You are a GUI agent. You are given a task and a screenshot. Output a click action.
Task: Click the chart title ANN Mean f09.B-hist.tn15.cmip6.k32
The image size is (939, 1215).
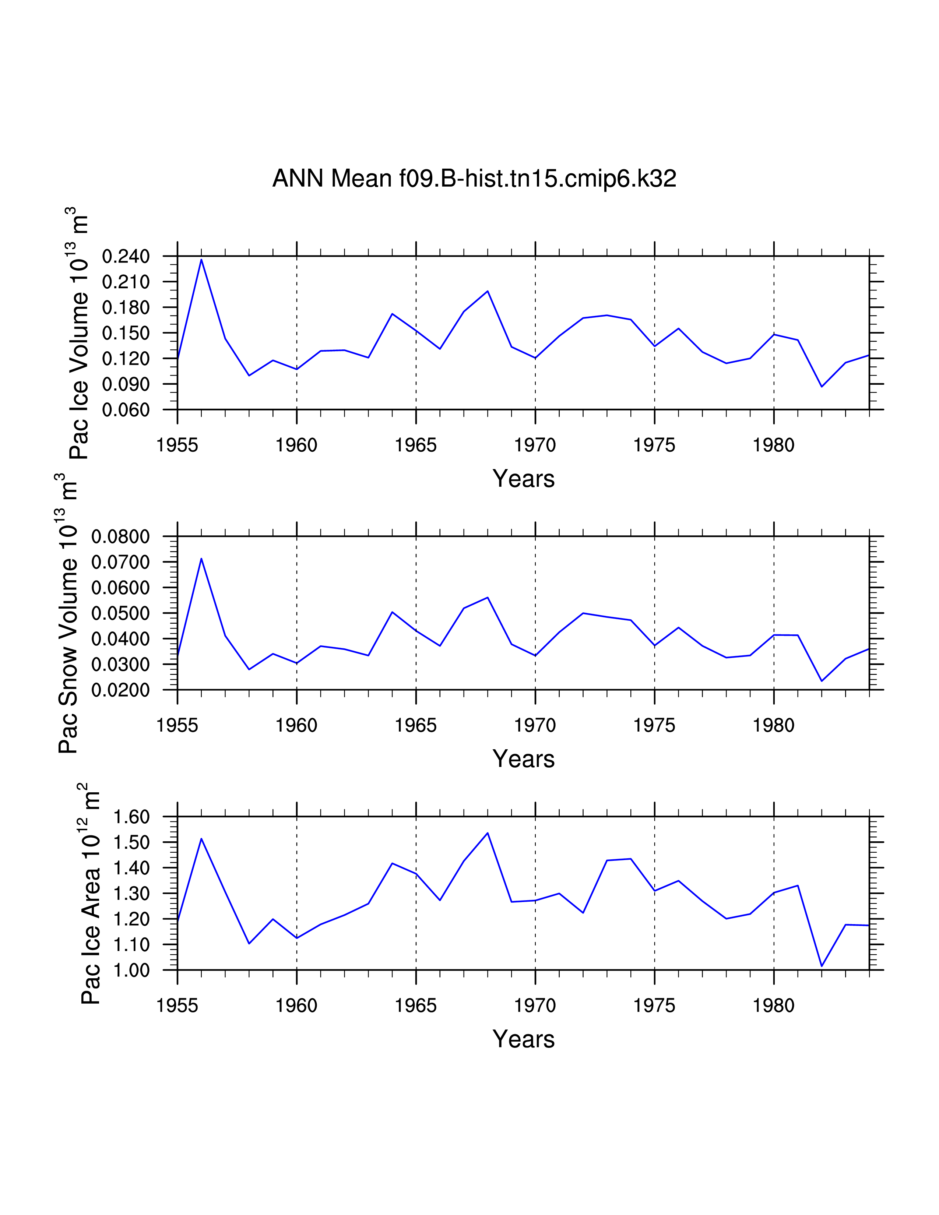pyautogui.click(x=474, y=179)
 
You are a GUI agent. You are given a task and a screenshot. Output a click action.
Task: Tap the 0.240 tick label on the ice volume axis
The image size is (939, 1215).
pyautogui.click(x=126, y=257)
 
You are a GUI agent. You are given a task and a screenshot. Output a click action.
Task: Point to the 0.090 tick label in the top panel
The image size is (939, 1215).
pyautogui.click(x=126, y=384)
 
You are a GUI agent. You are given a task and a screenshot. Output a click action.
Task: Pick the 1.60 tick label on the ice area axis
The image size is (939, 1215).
pyautogui.click(x=131, y=817)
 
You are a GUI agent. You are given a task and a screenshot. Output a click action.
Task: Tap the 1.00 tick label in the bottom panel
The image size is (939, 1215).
pyautogui.click(x=131, y=970)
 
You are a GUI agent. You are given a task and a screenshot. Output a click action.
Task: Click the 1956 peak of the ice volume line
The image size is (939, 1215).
pyautogui.click(x=201, y=260)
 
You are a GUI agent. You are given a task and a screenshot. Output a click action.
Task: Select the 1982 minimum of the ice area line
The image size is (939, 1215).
pyautogui.click(x=822, y=966)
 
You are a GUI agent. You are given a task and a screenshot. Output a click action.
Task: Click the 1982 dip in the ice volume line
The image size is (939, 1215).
pyautogui.click(x=822, y=386)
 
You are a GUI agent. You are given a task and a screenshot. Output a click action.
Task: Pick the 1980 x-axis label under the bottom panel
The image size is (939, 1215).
pyautogui.click(x=773, y=1006)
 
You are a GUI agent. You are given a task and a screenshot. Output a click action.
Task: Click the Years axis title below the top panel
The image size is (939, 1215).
pyautogui.click(x=524, y=479)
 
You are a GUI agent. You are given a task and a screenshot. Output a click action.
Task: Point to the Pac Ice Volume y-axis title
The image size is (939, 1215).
pyautogui.click(x=79, y=334)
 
